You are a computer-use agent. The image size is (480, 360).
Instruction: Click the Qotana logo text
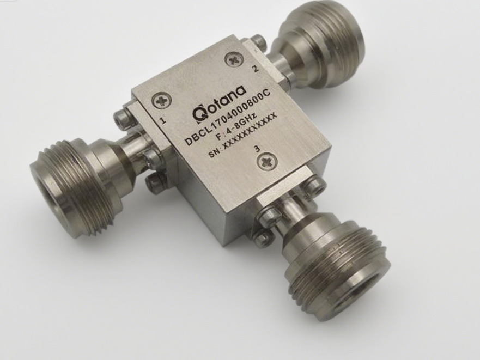(x=220, y=102)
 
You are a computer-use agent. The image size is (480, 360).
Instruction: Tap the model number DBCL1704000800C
(x=228, y=117)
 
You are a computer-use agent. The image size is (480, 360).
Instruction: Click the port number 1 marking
(x=163, y=120)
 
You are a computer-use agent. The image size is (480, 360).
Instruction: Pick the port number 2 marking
(x=255, y=69)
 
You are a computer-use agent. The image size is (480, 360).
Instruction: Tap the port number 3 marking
(x=257, y=149)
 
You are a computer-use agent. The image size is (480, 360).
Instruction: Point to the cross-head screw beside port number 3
(x=267, y=162)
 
